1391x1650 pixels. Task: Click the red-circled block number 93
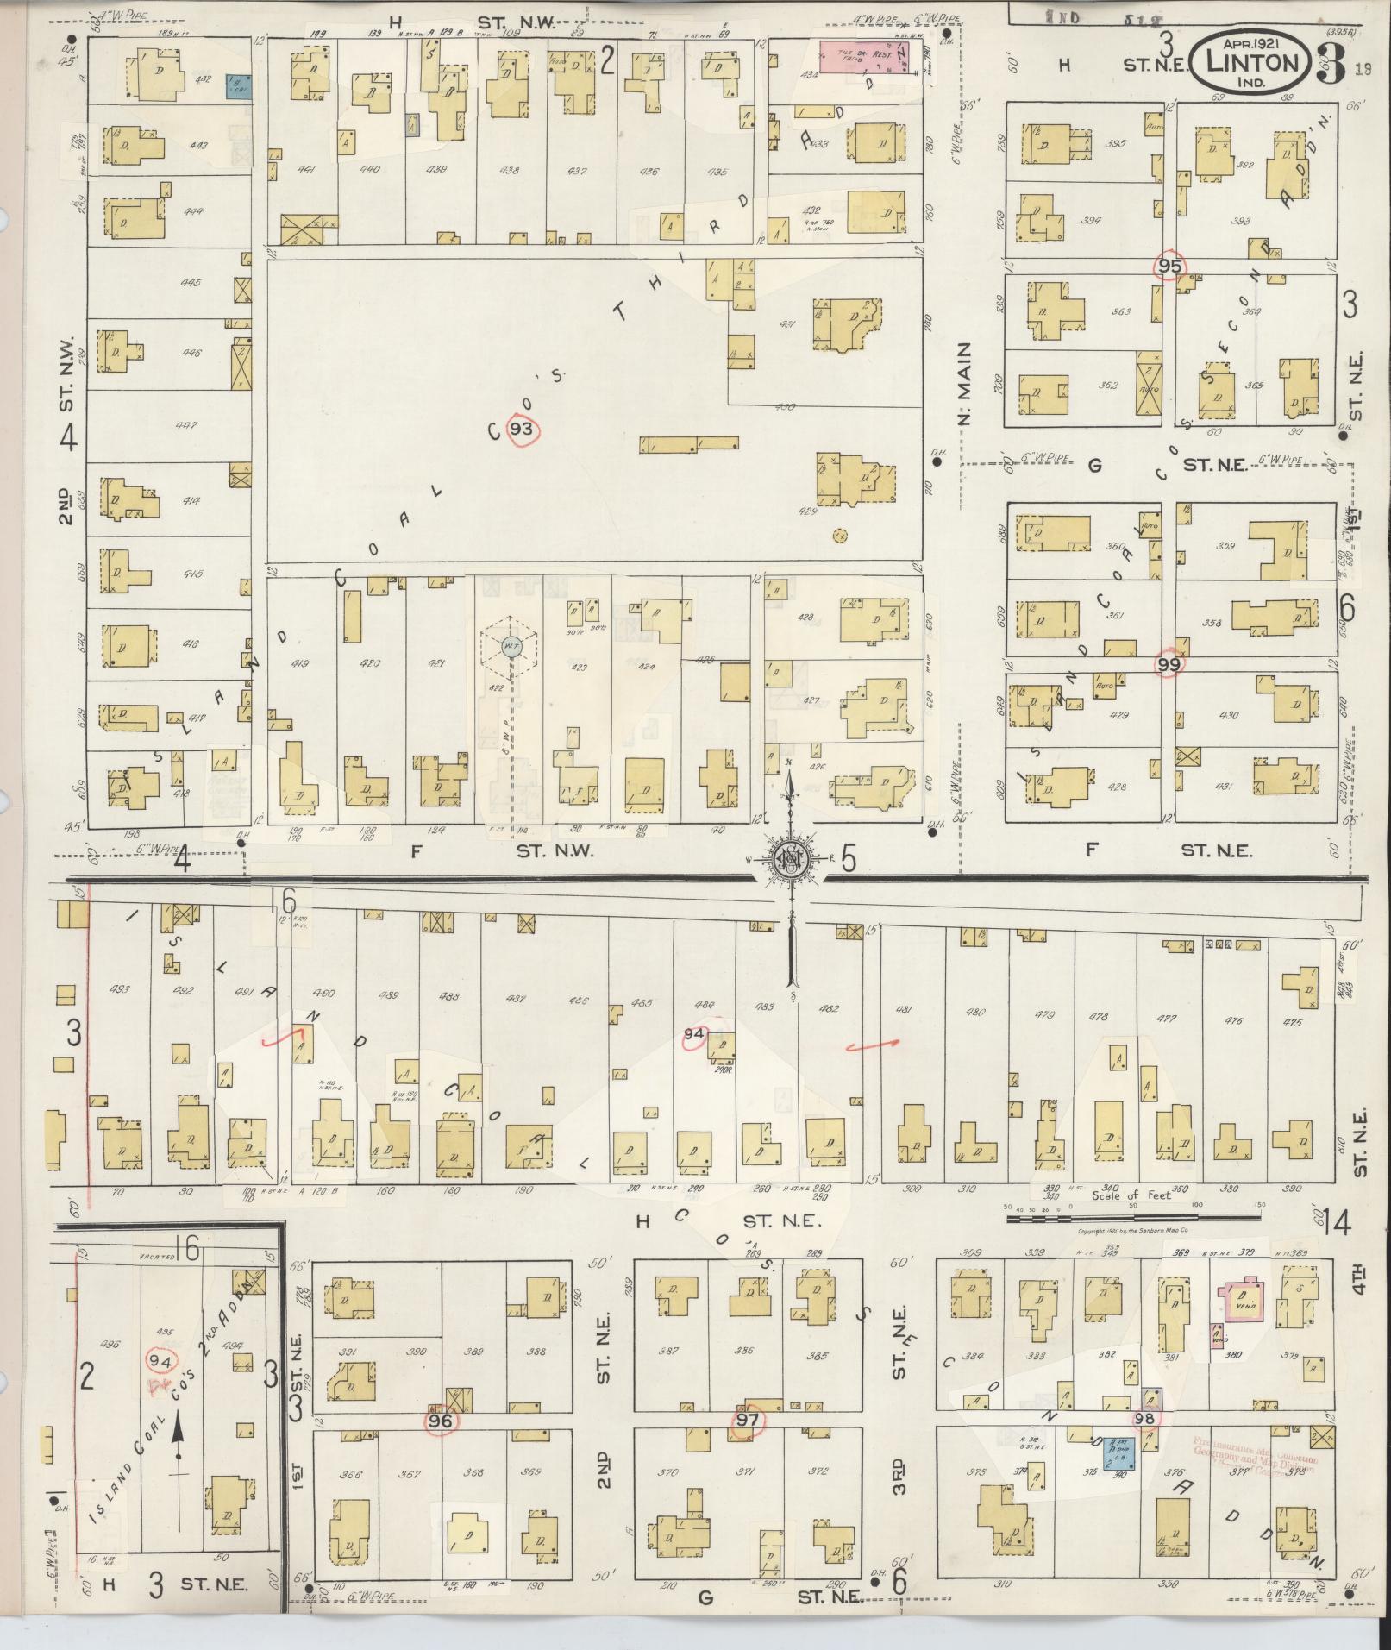[x=523, y=430]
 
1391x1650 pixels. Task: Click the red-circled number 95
[x=1169, y=267]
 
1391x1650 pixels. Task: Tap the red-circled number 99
[x=1169, y=664]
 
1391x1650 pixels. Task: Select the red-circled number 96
[x=441, y=1421]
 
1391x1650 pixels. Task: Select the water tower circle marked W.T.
[x=510, y=646]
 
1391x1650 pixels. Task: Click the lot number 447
[x=186, y=425]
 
